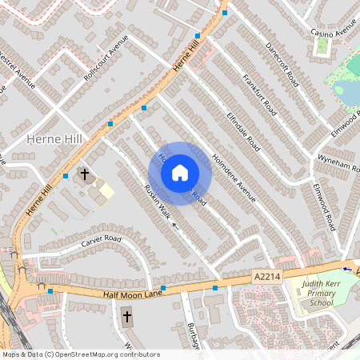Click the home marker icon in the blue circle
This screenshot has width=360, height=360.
pos(180,173)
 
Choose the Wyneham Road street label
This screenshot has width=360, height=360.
pos(338,163)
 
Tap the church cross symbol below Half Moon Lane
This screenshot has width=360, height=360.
pos(126,318)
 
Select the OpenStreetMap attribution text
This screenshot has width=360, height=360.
pos(80,354)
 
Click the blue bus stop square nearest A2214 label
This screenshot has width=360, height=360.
pos(215,288)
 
